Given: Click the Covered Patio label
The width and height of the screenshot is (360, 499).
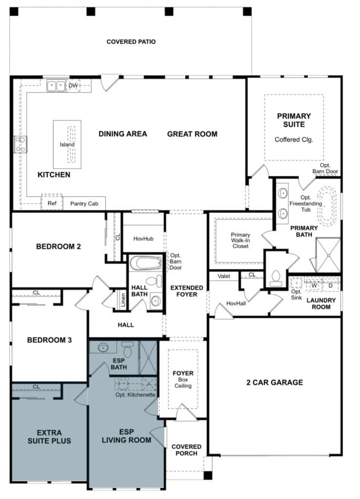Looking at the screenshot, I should click(131, 42).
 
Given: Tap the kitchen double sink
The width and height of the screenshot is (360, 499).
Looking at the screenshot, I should click(56, 86).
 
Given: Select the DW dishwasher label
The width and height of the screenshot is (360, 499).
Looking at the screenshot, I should click(73, 86).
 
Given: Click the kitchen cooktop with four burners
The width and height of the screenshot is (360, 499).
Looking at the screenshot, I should click(20, 144).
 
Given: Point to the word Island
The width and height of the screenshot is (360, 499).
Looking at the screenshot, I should click(67, 145).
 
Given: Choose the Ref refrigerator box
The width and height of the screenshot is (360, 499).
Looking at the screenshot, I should click(51, 203).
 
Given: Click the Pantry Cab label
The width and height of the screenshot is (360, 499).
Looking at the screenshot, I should click(84, 204).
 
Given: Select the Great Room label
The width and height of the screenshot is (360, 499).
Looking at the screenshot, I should click(192, 134).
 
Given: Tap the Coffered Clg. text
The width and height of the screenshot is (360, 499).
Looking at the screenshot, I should click(294, 139).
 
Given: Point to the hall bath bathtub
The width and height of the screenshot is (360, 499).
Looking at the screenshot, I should click(145, 264).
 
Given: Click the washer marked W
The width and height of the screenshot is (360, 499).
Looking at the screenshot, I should click(314, 286).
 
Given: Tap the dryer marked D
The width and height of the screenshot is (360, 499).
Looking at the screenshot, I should click(331, 286).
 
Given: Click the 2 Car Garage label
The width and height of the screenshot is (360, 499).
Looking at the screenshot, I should click(274, 383).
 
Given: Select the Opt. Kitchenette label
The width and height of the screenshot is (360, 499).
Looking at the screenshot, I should click(135, 395).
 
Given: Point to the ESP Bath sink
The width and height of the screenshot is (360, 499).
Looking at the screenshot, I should click(103, 348).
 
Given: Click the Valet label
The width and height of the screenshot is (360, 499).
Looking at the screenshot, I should click(224, 276).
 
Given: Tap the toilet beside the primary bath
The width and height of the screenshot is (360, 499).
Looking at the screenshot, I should click(276, 276).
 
